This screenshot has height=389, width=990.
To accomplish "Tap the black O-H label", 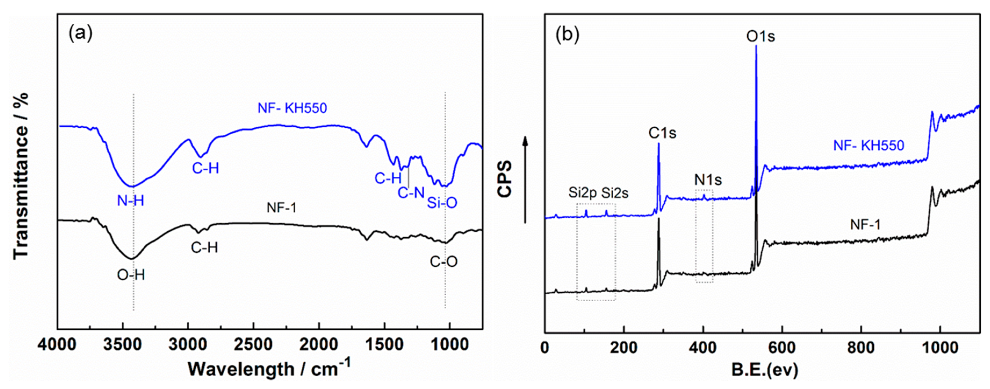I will point(131,275).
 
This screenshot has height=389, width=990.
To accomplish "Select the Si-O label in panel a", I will point(442,203).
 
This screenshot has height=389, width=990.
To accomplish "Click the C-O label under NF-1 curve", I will point(444,262).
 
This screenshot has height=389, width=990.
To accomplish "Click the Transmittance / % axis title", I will point(21,176).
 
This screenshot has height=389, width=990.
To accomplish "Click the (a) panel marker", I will point(81,34).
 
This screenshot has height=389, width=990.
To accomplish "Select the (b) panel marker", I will point(567,34).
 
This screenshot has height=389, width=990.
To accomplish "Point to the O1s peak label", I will point(761,37).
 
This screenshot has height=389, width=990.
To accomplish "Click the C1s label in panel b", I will point(662,133).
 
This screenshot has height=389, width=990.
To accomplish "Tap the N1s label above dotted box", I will point(708,180).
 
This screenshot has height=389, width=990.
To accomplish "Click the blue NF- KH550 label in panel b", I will point(869,146).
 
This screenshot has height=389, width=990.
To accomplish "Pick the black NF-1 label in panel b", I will point(865,225).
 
